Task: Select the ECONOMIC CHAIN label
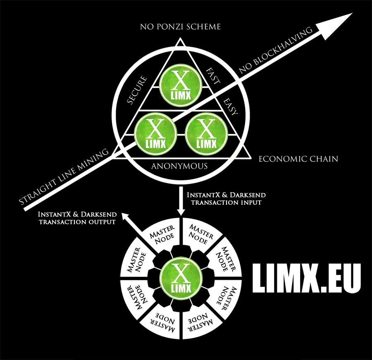click(298, 159)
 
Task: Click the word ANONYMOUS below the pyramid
click(179, 166)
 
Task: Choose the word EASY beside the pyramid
click(228, 107)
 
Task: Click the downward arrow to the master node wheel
click(180, 203)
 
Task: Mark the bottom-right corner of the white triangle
click(250, 158)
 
